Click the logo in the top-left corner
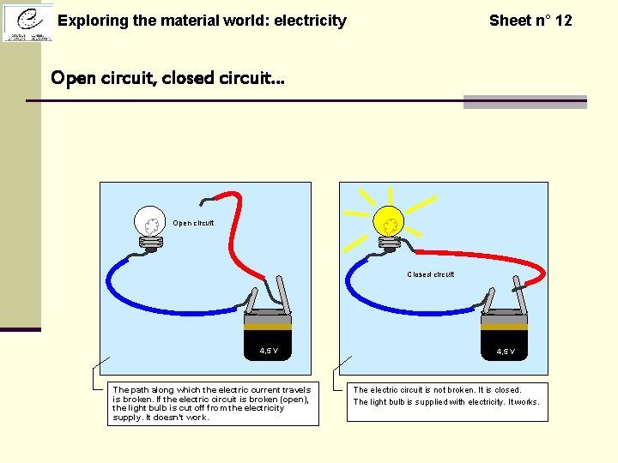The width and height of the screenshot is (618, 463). click(27, 21)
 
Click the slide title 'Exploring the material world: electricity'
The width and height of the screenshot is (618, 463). click(202, 21)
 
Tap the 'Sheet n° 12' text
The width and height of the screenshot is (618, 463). click(530, 21)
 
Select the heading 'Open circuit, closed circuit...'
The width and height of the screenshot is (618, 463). click(167, 78)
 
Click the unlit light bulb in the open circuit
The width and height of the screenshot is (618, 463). click(150, 224)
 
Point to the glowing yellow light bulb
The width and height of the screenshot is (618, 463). click(390, 225)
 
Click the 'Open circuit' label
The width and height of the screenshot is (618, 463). click(193, 224)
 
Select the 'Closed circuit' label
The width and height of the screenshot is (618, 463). click(430, 275)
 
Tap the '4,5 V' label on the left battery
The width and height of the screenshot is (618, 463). click(269, 351)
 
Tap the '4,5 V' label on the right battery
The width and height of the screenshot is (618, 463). click(506, 352)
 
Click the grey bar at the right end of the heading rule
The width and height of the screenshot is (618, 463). click(524, 102)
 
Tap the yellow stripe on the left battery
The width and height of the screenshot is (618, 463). click(268, 326)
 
